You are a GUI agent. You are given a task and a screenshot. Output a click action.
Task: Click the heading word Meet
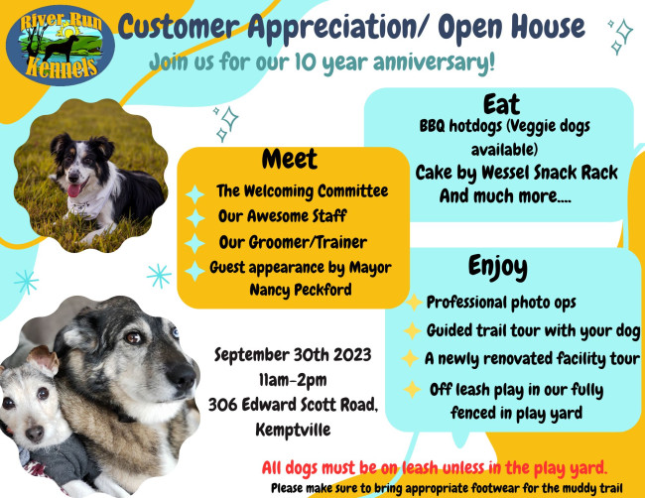(x=290, y=159)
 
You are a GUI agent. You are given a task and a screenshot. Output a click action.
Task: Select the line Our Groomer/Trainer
(x=293, y=242)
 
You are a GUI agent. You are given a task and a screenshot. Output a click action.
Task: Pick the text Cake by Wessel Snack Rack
(x=516, y=173)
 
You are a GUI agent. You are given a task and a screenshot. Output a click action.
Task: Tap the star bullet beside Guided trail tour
(x=410, y=330)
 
